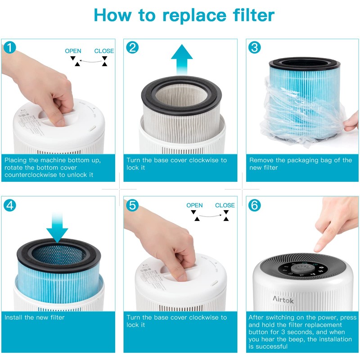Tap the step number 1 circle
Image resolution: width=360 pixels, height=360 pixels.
coord(10,47)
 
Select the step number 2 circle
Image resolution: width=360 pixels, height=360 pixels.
coord(132,47)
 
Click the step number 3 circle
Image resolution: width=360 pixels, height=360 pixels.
coord(255,47)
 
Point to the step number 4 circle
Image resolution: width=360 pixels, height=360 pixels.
coord(10,205)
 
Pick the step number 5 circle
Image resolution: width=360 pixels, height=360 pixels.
coord(132,205)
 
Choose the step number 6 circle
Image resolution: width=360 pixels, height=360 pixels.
coord(255,205)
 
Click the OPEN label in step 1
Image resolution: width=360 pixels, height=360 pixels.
coord(73,51)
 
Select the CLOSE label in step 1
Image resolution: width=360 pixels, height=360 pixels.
coord(104,51)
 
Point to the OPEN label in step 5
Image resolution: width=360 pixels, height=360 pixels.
coord(194,206)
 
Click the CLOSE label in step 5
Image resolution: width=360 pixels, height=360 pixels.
coord(225,206)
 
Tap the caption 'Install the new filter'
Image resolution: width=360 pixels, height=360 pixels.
coord(35,318)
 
